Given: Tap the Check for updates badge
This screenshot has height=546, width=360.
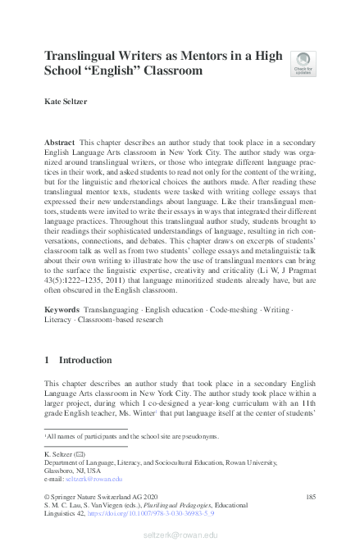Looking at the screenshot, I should coord(302,61).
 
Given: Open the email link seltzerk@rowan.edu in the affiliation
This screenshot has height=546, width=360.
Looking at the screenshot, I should coord(94,478).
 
